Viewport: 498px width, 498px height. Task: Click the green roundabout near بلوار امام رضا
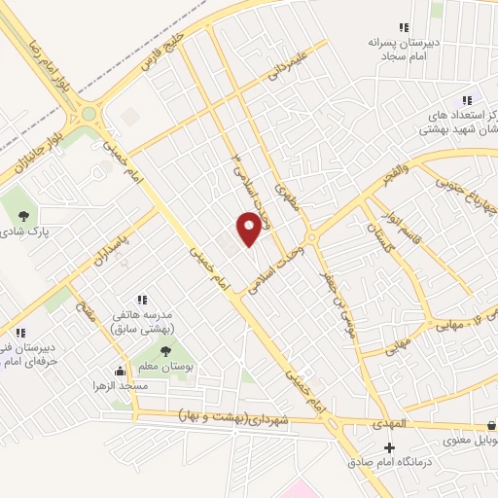[x=89, y=114]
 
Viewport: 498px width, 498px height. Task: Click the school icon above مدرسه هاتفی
[x=142, y=300]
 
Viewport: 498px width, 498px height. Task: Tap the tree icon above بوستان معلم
[x=164, y=350]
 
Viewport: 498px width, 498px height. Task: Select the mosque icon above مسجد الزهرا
[x=121, y=371]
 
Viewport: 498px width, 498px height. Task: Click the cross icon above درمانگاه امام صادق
[x=390, y=447]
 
